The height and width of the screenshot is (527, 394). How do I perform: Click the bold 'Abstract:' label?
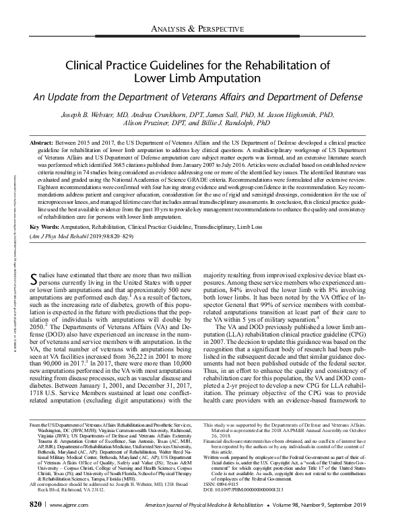(46, 144)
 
